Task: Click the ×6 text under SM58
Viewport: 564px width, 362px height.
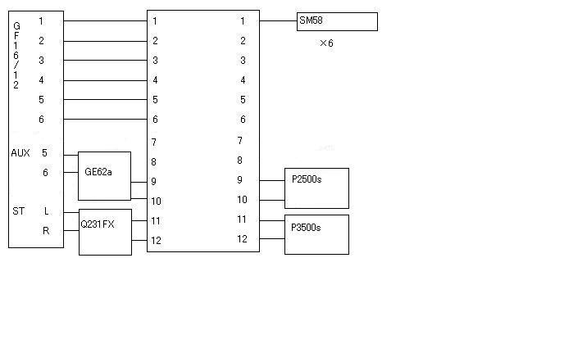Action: (326, 43)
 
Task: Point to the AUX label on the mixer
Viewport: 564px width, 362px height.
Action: (20, 153)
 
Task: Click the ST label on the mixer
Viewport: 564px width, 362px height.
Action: (19, 211)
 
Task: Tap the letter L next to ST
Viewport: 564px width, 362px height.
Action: (47, 211)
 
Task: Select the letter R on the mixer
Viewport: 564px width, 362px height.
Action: (46, 231)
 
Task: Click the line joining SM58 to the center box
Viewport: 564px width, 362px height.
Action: (278, 20)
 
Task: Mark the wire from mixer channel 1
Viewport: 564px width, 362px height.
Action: (106, 20)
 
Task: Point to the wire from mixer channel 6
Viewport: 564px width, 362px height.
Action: (106, 119)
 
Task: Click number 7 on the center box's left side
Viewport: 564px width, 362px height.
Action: (154, 143)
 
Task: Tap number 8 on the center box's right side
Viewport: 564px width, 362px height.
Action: (240, 161)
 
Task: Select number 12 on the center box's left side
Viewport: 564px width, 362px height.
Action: (156, 241)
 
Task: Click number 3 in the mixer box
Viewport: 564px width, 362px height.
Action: (41, 61)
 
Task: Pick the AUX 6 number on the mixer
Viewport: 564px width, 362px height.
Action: (45, 173)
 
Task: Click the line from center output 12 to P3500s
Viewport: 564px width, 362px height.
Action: (272, 238)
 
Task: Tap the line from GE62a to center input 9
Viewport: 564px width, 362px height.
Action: (139, 183)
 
